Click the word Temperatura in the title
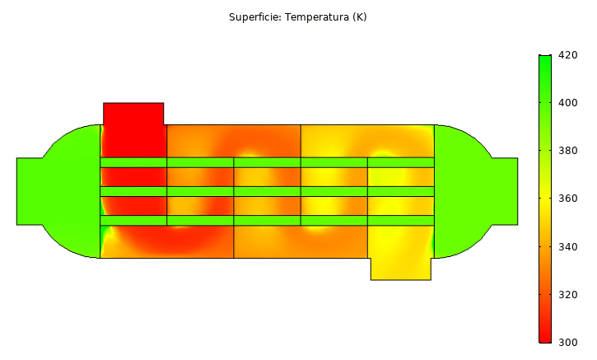317,17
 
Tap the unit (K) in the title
359,17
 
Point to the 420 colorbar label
567,55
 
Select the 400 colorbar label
567,103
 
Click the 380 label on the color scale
567,151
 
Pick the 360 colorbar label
567,199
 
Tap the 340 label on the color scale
567,247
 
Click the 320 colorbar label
567,295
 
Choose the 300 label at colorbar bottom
567,343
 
